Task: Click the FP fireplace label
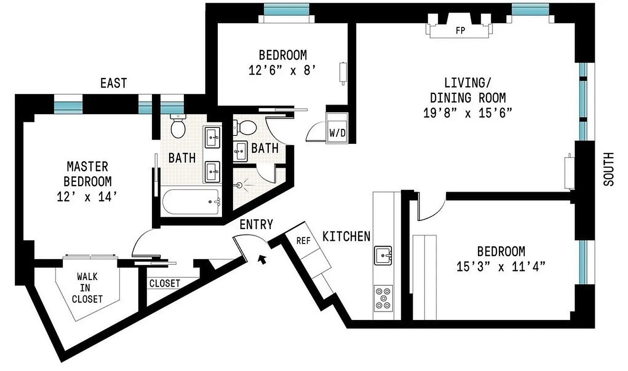pyautogui.click(x=460, y=31)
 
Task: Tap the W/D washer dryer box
pyautogui.click(x=337, y=132)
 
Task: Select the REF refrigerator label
pyautogui.click(x=303, y=241)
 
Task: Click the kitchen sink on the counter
pyautogui.click(x=384, y=254)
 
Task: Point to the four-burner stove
pyautogui.click(x=383, y=298)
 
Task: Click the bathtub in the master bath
pyautogui.click(x=191, y=201)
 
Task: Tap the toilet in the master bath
pyautogui.click(x=177, y=126)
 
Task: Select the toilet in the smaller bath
pyautogui.click(x=246, y=127)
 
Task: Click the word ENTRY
pyautogui.click(x=256, y=225)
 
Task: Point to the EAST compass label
pyautogui.click(x=113, y=83)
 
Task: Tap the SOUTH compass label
pyautogui.click(x=608, y=169)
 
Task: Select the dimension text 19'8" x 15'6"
pyautogui.click(x=467, y=113)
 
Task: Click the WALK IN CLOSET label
pyautogui.click(x=87, y=288)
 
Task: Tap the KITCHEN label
pyautogui.click(x=347, y=237)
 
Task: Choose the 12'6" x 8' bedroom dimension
pyautogui.click(x=282, y=70)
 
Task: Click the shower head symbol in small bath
pyautogui.click(x=241, y=185)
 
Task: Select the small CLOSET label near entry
pyautogui.click(x=164, y=283)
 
